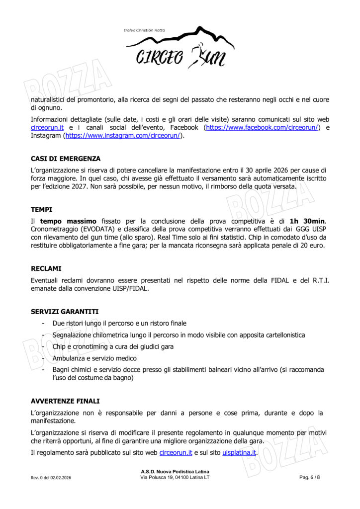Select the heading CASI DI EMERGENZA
66,159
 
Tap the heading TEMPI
42,210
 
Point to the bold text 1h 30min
307,221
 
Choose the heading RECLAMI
46,269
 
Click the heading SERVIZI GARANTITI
65,312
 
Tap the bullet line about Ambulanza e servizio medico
94,358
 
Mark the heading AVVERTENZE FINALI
65,401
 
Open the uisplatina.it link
239,452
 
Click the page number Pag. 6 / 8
310,478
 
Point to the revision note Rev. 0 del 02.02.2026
51,478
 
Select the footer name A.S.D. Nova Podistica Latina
175,471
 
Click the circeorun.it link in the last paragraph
176,452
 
